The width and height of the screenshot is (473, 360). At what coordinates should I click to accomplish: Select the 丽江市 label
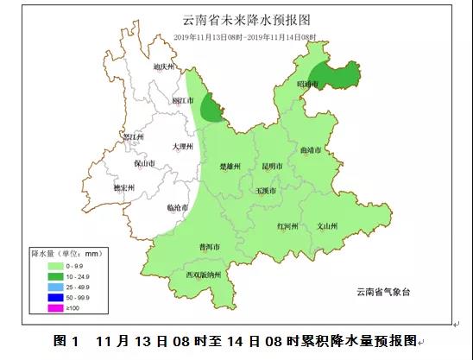click(183, 101)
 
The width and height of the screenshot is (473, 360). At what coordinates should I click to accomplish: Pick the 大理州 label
click(182, 147)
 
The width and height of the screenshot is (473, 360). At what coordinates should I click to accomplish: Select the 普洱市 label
click(209, 247)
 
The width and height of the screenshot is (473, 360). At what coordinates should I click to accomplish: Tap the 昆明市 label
click(272, 166)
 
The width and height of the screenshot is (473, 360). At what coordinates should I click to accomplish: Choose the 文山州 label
click(326, 226)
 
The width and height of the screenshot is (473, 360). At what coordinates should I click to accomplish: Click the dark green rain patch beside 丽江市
click(211, 109)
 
